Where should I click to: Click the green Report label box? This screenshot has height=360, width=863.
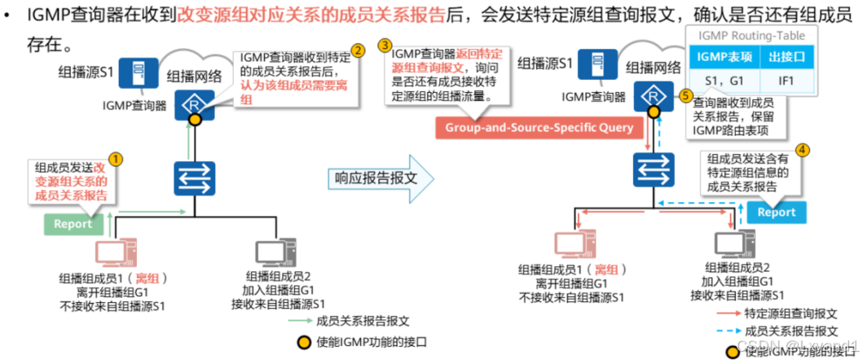click(73, 224)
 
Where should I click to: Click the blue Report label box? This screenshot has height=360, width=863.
click(776, 213)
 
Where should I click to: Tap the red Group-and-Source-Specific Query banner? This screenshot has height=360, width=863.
click(539, 128)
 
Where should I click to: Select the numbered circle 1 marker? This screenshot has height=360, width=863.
click(117, 158)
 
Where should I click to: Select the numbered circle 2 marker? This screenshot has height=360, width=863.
click(356, 51)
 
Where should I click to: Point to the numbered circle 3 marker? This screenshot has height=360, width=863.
click(385, 44)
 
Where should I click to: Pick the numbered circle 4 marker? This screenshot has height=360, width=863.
click(803, 151)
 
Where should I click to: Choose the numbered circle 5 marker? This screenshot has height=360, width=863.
click(685, 94)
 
